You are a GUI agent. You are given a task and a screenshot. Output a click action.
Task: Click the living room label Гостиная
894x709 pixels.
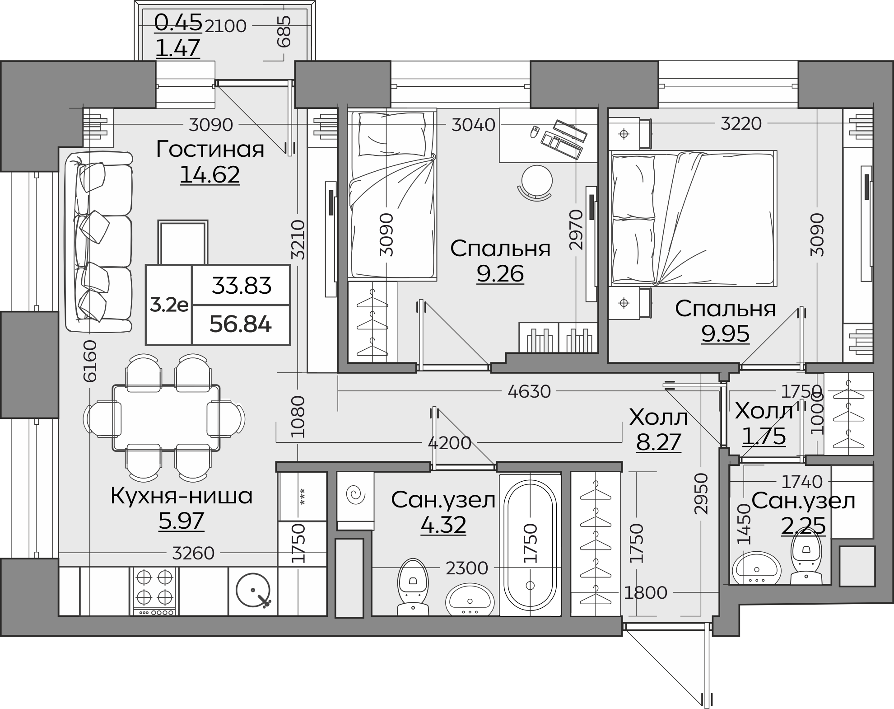(210, 149)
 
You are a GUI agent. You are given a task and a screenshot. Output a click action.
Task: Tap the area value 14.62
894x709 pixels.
(210, 175)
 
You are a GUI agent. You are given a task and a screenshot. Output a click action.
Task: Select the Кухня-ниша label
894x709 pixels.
(182, 496)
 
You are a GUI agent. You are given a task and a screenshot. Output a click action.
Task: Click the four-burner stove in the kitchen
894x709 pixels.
(154, 592)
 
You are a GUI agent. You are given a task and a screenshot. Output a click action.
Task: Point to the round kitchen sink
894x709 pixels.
(253, 590)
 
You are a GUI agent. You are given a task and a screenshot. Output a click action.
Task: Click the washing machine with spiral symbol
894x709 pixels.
(355, 501)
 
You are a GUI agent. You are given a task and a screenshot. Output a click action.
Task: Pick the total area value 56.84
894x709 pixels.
(241, 324)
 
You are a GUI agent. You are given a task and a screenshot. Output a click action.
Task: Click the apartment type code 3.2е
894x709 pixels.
(169, 305)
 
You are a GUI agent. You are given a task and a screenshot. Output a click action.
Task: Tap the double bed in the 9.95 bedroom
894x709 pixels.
(694, 218)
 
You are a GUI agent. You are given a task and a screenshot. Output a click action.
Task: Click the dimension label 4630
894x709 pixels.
(529, 391)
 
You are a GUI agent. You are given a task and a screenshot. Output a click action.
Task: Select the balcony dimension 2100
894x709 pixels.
(226, 26)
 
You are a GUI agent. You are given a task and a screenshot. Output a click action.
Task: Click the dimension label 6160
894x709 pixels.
(90, 361)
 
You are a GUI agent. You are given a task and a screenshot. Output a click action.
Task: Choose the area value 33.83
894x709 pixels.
(242, 286)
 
